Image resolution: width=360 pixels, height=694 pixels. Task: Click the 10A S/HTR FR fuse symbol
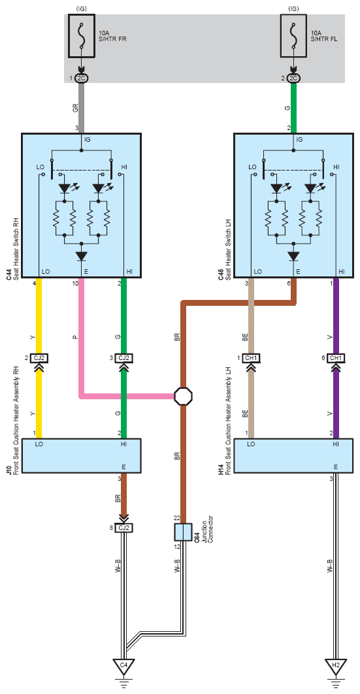tap(82, 35)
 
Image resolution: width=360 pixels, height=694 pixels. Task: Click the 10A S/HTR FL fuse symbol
tap(293, 35)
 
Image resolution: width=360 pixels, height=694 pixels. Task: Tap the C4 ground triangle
tap(124, 665)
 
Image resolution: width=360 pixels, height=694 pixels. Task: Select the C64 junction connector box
tap(183, 531)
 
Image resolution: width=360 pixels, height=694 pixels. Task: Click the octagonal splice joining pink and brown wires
tap(183, 396)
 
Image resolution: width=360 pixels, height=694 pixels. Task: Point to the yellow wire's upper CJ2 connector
tap(39, 357)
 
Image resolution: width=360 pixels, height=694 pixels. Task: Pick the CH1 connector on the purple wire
tap(336, 357)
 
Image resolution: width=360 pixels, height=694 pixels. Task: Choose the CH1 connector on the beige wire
tap(251, 357)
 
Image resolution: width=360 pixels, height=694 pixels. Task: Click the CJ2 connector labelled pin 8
tap(124, 527)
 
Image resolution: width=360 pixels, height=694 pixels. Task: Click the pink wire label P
tap(75, 337)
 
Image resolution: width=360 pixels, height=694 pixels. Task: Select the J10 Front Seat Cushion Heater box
tap(82, 456)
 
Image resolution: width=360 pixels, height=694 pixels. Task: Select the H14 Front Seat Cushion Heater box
tap(293, 456)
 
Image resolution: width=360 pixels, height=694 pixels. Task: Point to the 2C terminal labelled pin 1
tap(82, 78)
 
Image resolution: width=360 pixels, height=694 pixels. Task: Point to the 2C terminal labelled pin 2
tap(293, 78)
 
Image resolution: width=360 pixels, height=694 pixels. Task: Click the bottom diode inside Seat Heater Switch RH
tap(82, 256)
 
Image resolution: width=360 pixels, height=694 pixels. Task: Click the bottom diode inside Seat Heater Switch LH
tap(293, 256)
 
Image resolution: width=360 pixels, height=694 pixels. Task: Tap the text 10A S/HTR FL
tap(324, 36)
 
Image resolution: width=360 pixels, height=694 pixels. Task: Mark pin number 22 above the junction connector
tap(177, 518)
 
